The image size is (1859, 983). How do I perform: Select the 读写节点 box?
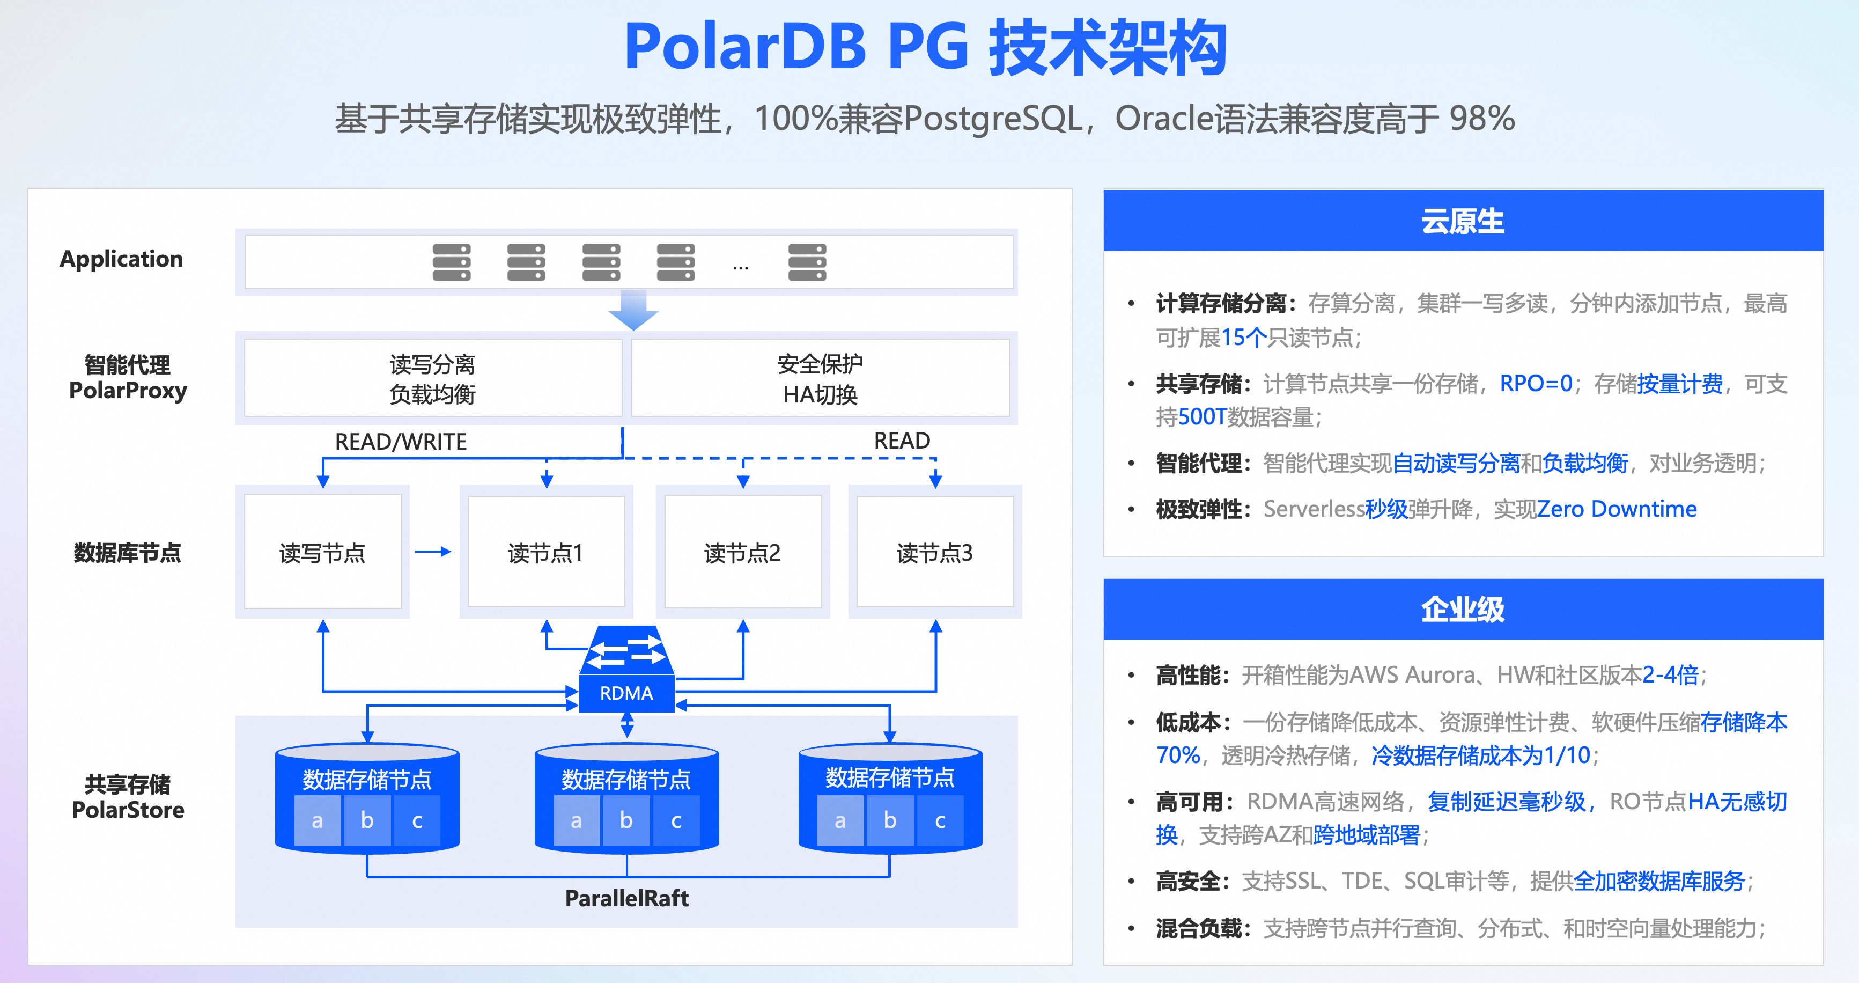coord(322,552)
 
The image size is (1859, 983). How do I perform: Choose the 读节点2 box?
coord(743,552)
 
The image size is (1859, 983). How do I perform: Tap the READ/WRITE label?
coord(401,441)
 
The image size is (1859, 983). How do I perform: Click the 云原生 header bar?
coord(1463,221)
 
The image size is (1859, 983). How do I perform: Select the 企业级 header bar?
coord(1463,609)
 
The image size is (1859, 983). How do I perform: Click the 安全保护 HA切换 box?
coord(821,378)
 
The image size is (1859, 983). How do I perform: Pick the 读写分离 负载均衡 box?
coord(432,378)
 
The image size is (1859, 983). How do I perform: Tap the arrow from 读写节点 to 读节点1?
coord(433,552)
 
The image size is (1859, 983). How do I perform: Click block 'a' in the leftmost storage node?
coord(317,820)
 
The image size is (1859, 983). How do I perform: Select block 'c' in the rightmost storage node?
coord(940,820)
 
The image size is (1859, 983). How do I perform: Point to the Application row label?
coord(121,259)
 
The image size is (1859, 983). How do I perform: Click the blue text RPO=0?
coord(1536,383)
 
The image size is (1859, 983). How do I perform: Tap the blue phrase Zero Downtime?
coord(1617,509)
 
